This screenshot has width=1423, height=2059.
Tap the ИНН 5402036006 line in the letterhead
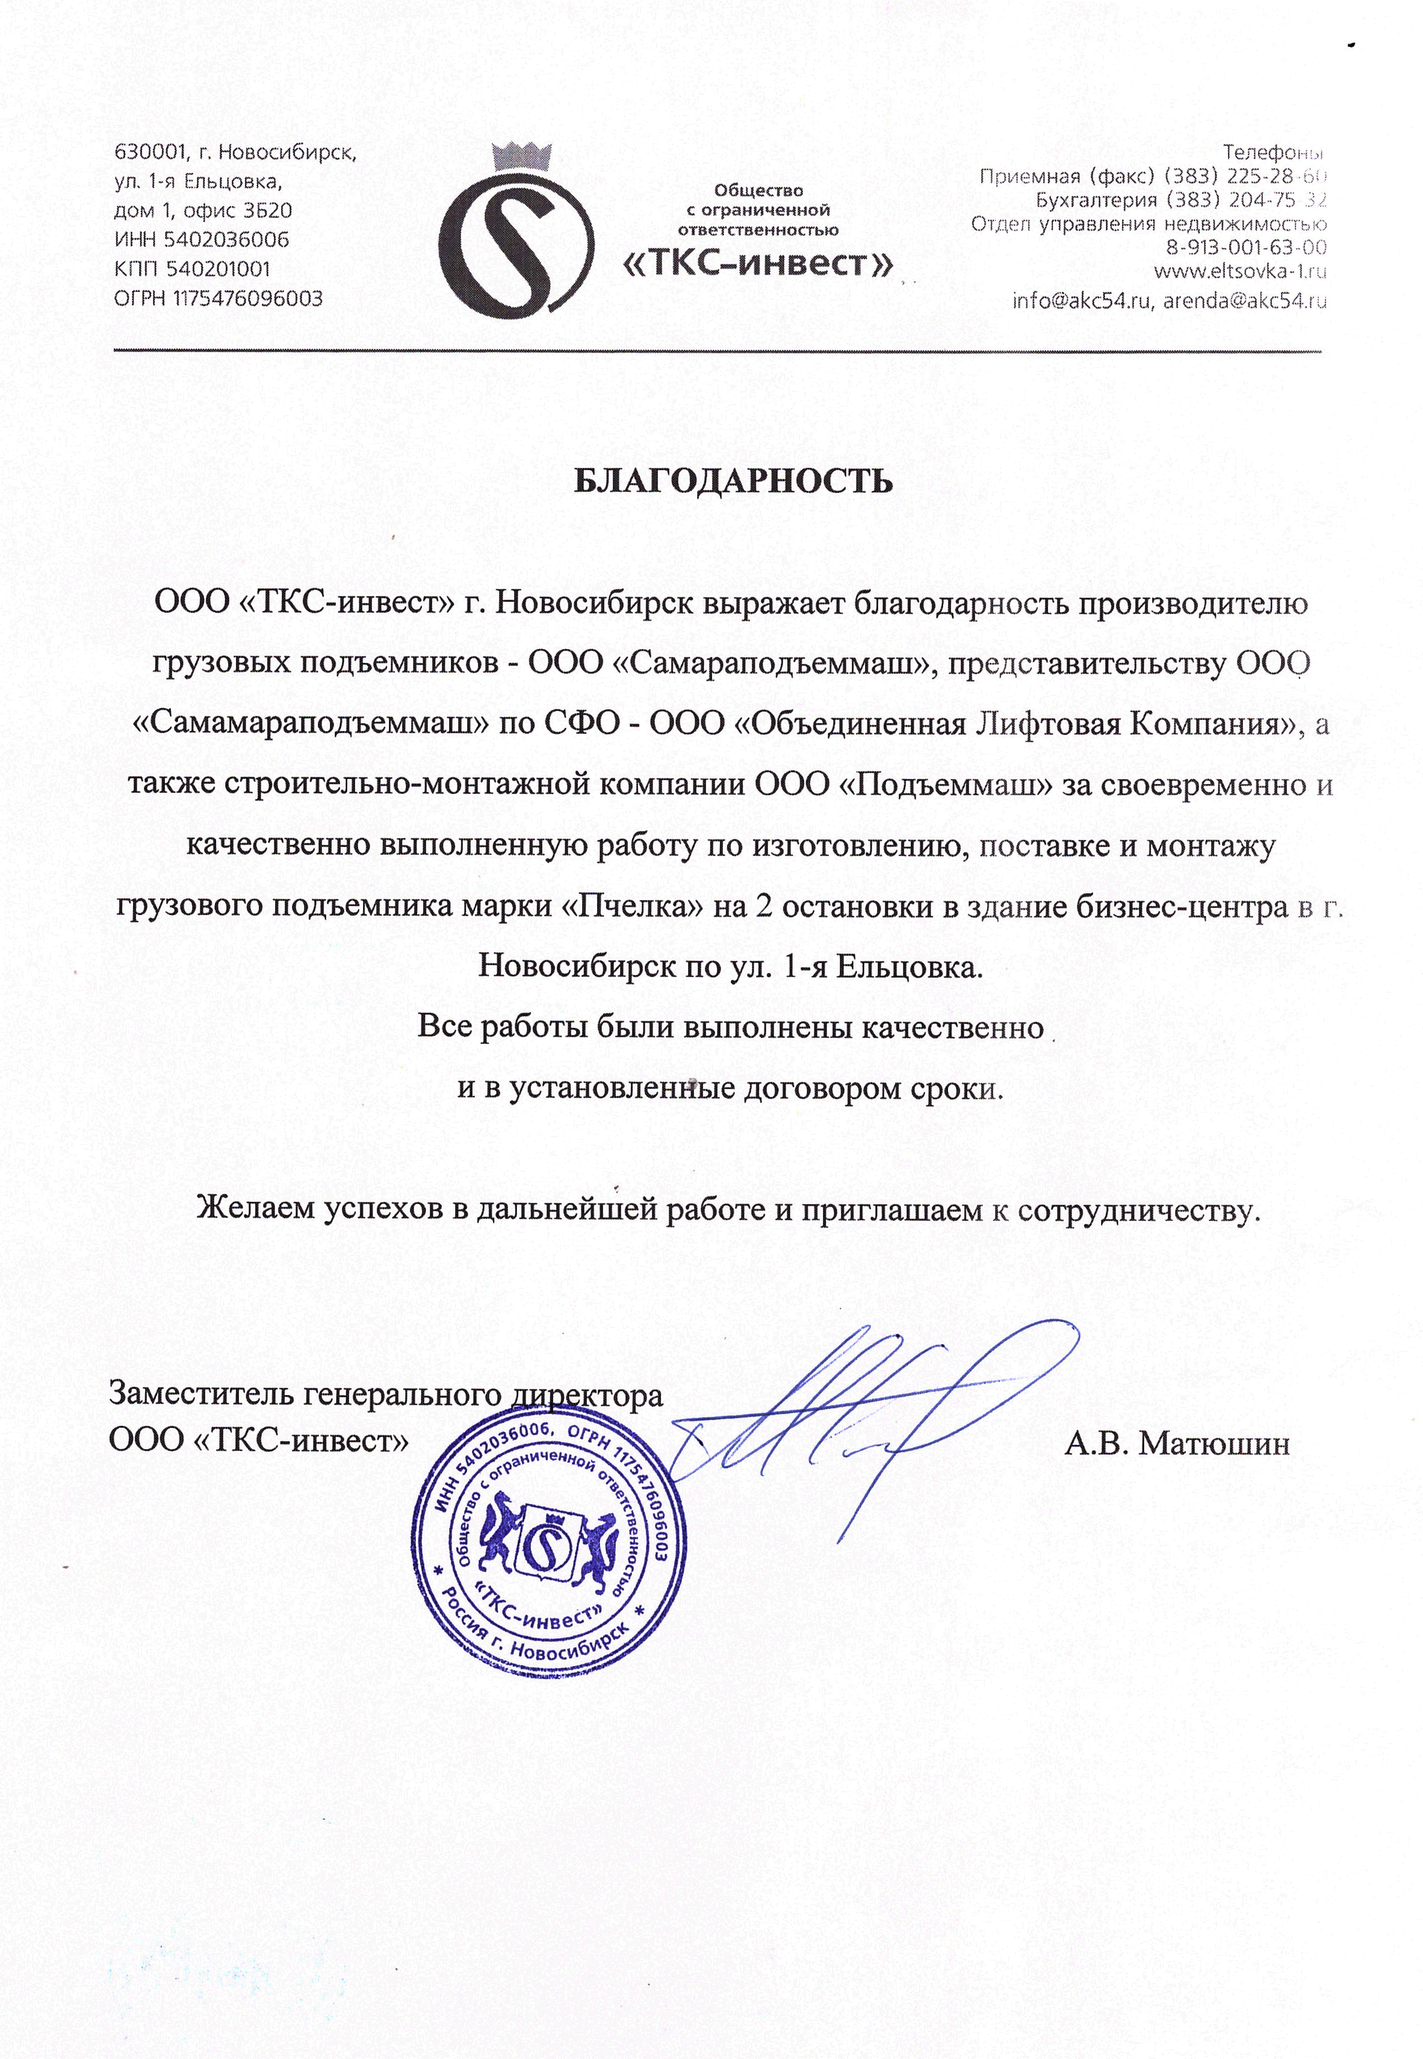pyautogui.click(x=202, y=240)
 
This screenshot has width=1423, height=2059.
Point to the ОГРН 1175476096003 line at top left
pyautogui.click(x=219, y=298)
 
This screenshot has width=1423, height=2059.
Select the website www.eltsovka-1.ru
pyautogui.click(x=1239, y=271)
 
